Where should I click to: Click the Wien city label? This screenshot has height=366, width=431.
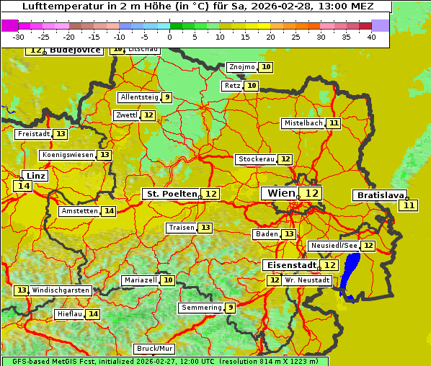click(x=280, y=193)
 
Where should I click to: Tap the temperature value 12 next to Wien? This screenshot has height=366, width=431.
click(x=311, y=193)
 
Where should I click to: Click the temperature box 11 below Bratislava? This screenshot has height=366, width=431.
click(x=409, y=205)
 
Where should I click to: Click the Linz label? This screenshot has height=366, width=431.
click(x=36, y=175)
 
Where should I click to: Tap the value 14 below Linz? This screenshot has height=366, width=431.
click(x=22, y=186)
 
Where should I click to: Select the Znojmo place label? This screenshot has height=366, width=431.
click(x=241, y=67)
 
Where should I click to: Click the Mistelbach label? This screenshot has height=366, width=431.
click(x=303, y=123)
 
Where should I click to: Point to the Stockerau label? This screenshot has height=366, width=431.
click(x=256, y=159)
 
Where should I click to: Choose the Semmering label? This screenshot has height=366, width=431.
click(x=202, y=308)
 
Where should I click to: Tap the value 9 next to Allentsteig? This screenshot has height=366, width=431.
click(x=166, y=97)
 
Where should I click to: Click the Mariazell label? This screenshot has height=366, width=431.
click(x=140, y=280)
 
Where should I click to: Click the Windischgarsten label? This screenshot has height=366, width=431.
click(x=61, y=290)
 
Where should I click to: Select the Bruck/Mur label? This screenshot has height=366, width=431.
click(x=154, y=349)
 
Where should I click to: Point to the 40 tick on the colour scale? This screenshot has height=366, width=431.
click(x=371, y=37)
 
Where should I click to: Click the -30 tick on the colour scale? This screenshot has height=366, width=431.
click(x=19, y=37)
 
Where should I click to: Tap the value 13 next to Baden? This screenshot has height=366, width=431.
click(x=288, y=234)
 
